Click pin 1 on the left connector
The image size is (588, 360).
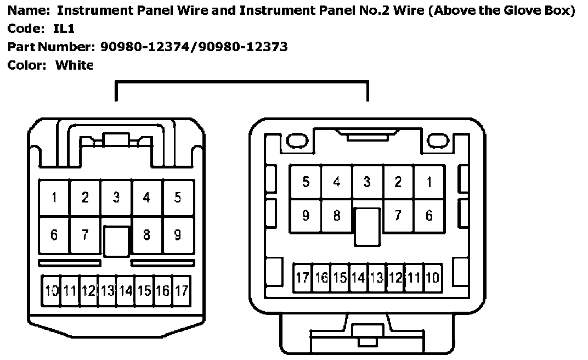(54, 198)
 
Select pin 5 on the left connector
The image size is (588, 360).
(178, 198)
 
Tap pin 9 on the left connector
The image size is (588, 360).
(178, 235)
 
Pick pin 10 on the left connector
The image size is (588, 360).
(52, 290)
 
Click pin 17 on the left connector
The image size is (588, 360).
(182, 290)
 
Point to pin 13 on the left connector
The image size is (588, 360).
(108, 290)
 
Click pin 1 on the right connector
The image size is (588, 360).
(429, 182)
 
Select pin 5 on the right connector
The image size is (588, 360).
(306, 182)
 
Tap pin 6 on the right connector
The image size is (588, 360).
(429, 216)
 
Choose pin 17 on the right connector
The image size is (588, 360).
(302, 278)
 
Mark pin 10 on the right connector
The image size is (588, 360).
(432, 278)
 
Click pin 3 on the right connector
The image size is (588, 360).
(367, 182)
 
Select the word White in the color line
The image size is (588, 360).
(75, 65)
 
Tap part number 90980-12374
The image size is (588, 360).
(147, 47)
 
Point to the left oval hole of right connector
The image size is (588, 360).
(295, 141)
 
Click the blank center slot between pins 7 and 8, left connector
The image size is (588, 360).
(116, 241)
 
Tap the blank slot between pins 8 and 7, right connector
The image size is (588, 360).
(367, 226)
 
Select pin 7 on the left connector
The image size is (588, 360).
(85, 235)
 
